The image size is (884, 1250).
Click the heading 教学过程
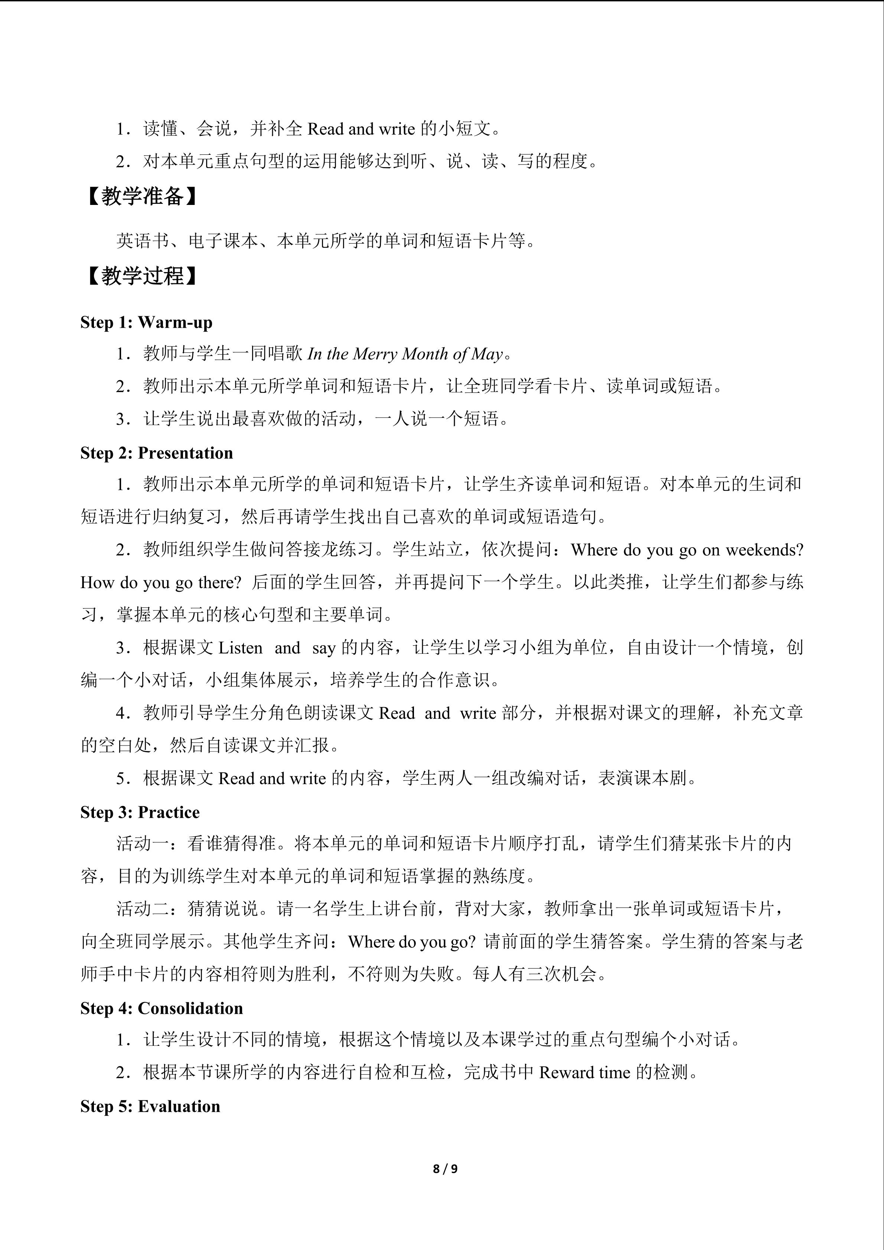(143, 276)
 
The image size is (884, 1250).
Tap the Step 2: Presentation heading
(156, 453)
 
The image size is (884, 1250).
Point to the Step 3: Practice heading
(140, 812)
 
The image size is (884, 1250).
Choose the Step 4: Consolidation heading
(161, 1008)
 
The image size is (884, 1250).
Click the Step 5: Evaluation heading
(150, 1106)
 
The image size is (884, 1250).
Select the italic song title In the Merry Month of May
(405, 355)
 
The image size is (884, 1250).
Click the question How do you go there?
(161, 582)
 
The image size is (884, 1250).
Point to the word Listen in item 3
(240, 648)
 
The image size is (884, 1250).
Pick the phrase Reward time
(584, 1073)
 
